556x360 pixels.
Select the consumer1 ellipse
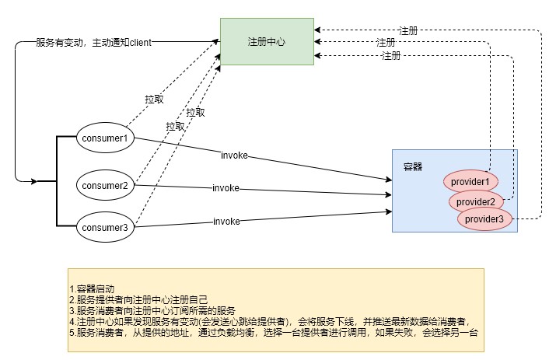click(104, 138)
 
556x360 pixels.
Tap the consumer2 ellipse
click(104, 185)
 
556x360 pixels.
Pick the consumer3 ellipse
click(104, 227)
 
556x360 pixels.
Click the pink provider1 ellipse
click(471, 181)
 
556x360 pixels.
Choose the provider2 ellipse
click(475, 201)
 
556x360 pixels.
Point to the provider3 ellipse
click(484, 220)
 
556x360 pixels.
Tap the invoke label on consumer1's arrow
click(234, 156)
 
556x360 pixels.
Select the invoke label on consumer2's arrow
click(226, 188)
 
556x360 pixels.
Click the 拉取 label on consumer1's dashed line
click(154, 100)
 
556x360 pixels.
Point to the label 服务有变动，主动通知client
click(93, 42)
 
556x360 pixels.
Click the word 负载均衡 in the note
click(237, 332)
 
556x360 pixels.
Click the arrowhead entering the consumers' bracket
click(33, 181)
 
